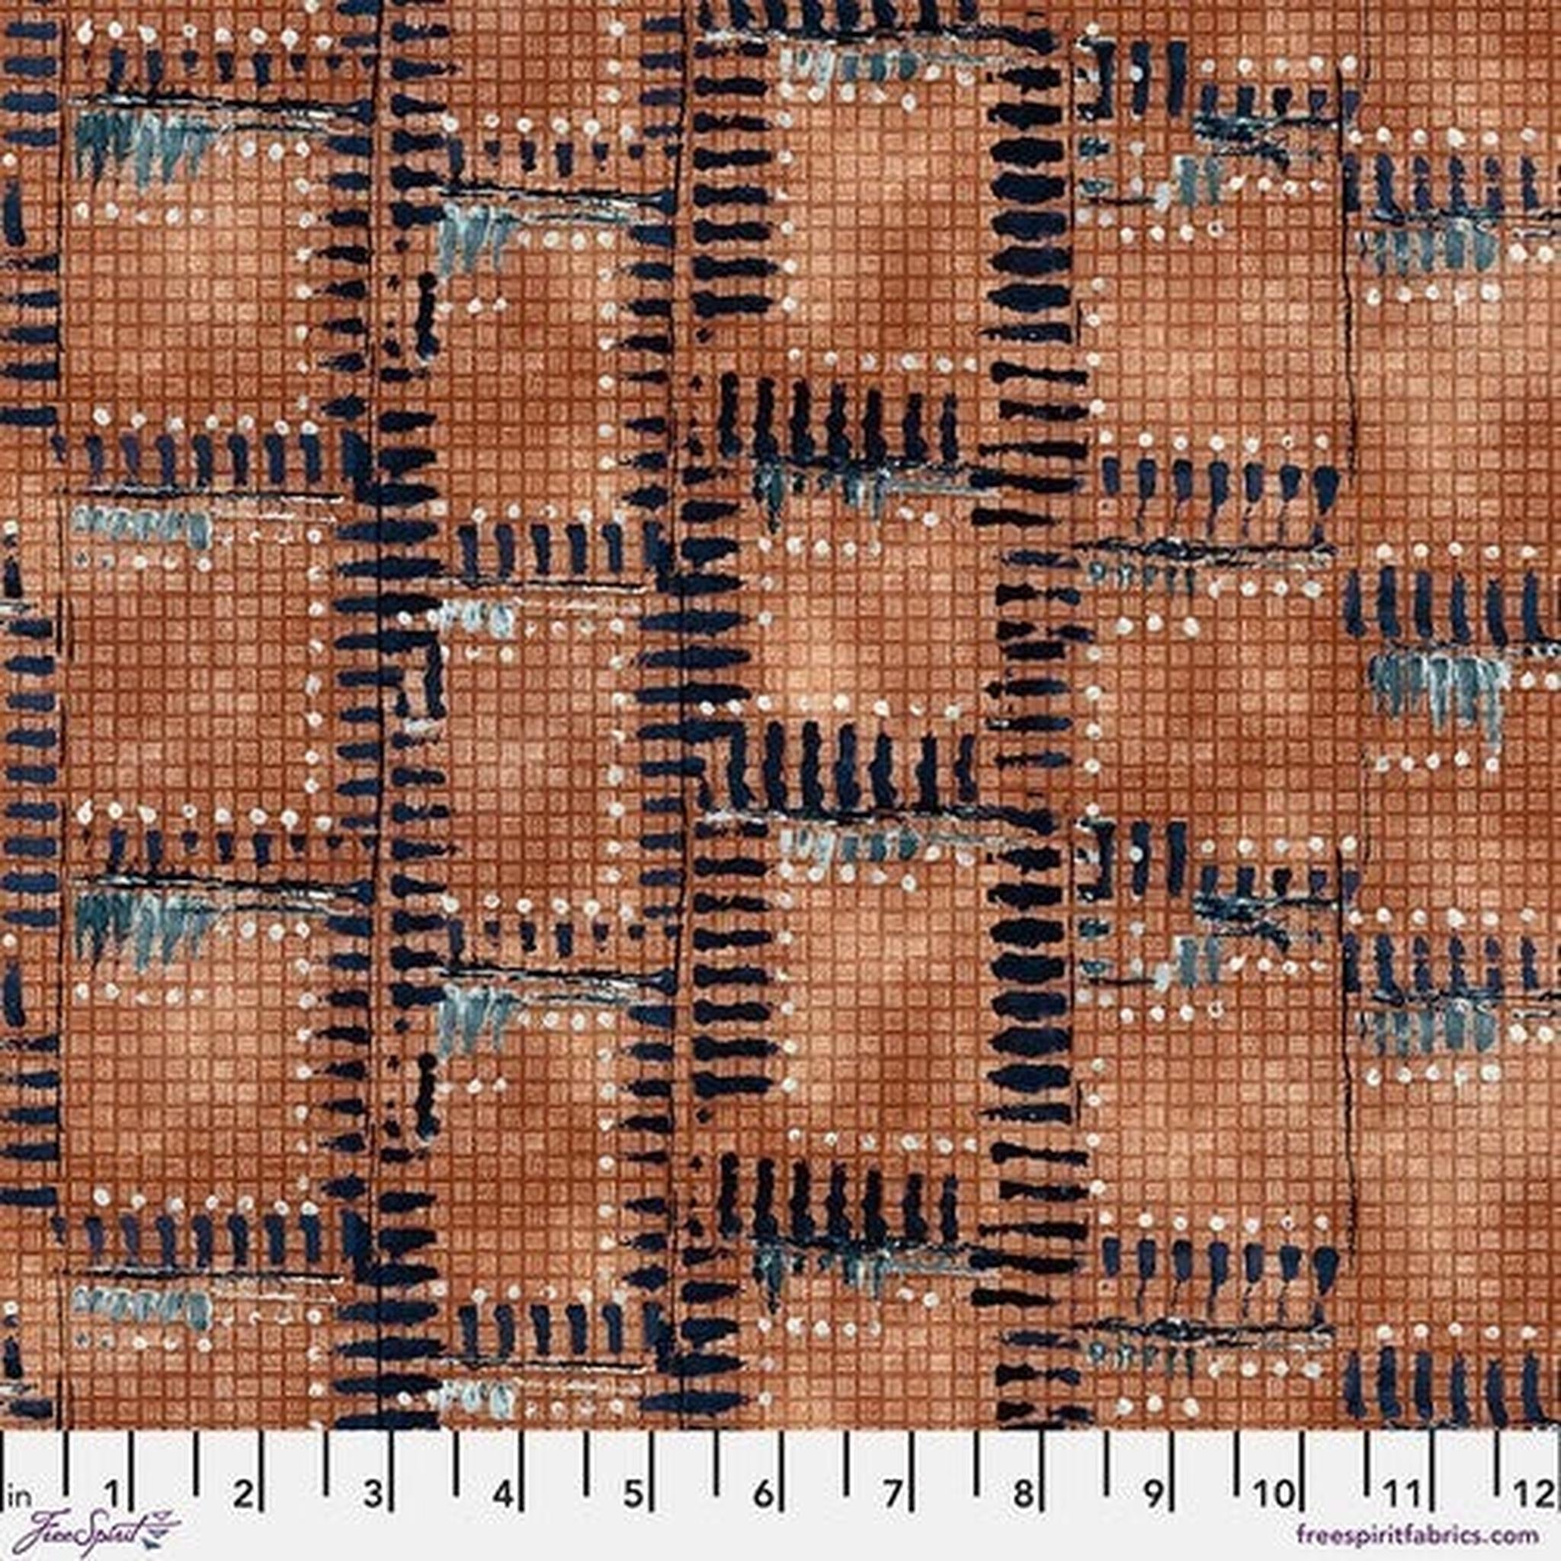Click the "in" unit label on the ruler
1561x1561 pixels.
pyautogui.click(x=14, y=1468)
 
